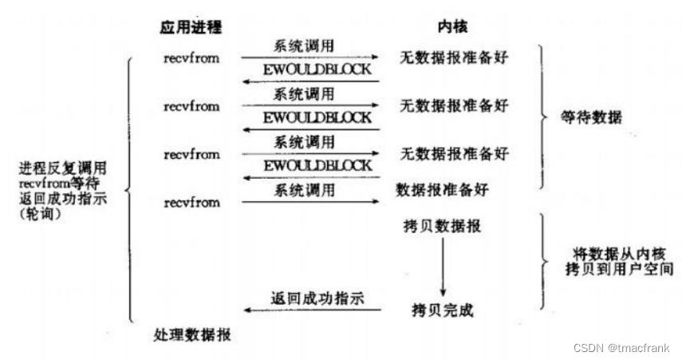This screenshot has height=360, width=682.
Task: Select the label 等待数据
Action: point(591,117)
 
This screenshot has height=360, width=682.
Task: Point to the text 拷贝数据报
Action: point(442,227)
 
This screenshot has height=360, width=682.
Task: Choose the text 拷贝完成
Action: point(442,310)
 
